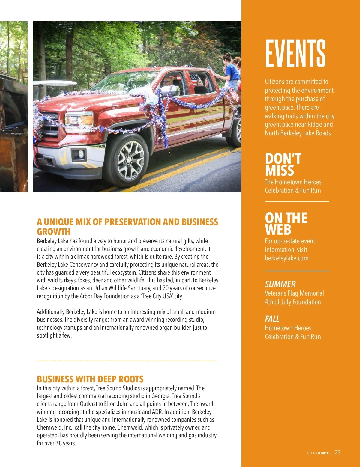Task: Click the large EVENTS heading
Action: point(295,54)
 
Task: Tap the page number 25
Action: point(337,452)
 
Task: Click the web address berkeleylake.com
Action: point(287,258)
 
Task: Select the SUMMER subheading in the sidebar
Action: point(280,284)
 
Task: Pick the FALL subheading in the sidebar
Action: point(272,319)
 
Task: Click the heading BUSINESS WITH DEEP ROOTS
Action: point(90,379)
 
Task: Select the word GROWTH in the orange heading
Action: point(54,232)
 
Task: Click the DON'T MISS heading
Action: point(283,164)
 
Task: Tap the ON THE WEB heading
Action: point(286,224)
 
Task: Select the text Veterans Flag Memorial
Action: point(294,293)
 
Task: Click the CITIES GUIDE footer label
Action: point(318,453)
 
